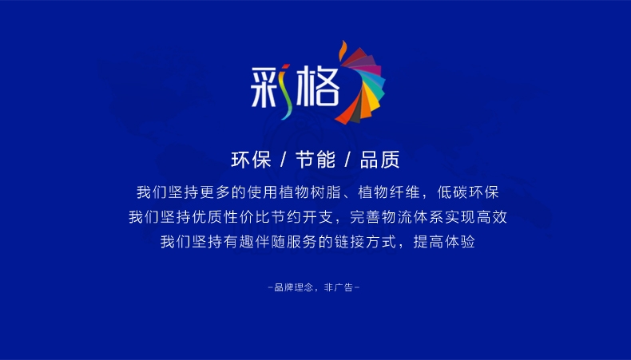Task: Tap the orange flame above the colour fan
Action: click(x=343, y=49)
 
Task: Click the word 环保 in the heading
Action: click(x=251, y=160)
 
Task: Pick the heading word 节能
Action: click(x=315, y=160)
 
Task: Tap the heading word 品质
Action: click(x=379, y=160)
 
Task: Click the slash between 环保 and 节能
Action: click(x=284, y=160)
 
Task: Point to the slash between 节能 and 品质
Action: click(x=347, y=160)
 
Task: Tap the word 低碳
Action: click(x=452, y=192)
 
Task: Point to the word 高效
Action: click(x=492, y=217)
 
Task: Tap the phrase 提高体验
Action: click(x=444, y=242)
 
